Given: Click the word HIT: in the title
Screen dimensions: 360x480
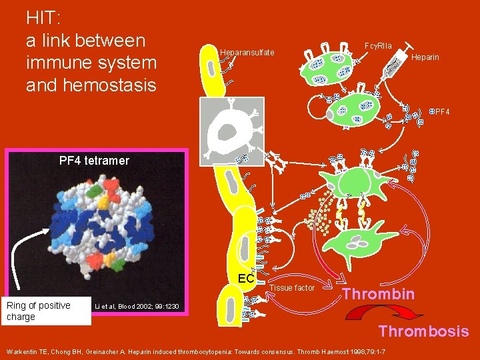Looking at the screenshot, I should (43, 17).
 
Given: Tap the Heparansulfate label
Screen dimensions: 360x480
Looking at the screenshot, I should (247, 53).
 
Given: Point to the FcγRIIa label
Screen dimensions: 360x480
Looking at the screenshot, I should (378, 45).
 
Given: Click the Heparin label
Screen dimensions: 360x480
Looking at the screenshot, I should (425, 58).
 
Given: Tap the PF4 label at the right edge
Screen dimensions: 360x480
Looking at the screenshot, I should (442, 111).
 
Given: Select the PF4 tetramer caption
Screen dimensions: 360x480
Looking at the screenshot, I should (93, 161).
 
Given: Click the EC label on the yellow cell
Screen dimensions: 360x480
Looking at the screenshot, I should (246, 278).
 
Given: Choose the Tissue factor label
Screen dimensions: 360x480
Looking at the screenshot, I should (292, 288).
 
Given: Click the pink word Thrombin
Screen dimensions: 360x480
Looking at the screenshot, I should (379, 294).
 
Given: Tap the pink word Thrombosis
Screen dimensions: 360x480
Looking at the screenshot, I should (423, 331).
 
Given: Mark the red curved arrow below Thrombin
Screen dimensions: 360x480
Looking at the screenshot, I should (373, 313).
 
